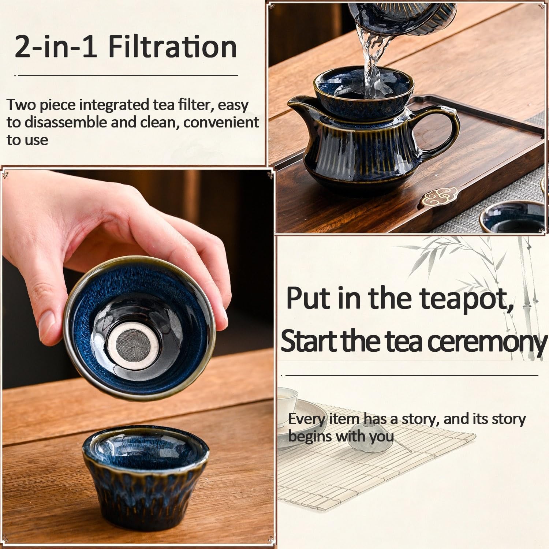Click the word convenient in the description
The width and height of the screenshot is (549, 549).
[x=221, y=122]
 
